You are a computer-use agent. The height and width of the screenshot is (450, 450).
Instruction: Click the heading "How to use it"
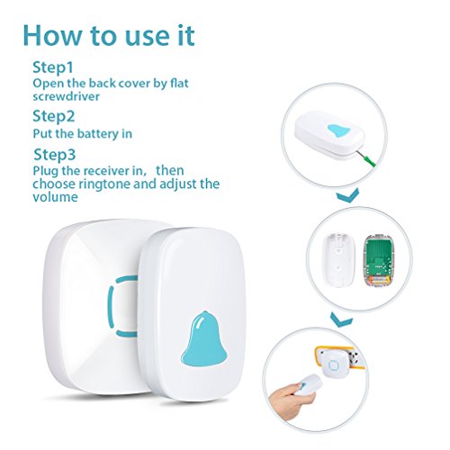109,36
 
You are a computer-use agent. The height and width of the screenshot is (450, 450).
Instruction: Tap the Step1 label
53,67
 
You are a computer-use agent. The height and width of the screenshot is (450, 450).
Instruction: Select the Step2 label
53,116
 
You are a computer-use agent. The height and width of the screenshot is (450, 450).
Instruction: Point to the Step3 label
54,155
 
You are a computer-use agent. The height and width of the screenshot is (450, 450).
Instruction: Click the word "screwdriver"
66,96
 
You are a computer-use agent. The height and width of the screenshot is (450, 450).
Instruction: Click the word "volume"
55,197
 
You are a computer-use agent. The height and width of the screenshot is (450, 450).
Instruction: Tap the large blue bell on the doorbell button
204,338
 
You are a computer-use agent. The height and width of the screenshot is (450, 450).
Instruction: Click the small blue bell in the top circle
338,130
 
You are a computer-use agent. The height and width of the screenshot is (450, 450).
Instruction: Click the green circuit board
377,258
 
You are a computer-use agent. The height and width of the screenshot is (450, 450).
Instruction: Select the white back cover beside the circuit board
338,259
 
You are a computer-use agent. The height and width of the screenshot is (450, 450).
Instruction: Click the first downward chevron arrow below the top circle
347,195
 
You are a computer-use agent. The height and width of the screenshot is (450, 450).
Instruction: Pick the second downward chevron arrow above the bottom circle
342,319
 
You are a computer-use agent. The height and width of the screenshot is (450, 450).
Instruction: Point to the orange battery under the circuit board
378,280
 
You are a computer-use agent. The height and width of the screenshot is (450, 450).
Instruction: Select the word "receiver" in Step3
107,171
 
